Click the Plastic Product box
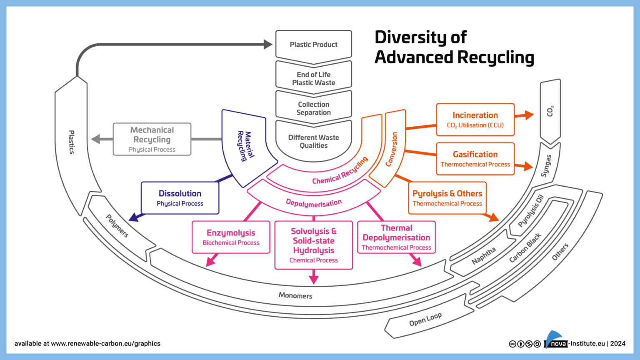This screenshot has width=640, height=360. [313, 45]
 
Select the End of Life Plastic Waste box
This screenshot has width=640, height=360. [313, 78]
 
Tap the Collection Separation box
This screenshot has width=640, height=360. [313, 108]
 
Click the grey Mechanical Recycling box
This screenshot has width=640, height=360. [152, 139]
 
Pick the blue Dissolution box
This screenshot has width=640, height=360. [180, 198]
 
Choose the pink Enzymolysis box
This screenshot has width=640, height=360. [231, 237]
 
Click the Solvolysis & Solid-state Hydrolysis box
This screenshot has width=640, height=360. [313, 245]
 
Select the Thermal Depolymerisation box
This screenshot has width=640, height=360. [396, 237]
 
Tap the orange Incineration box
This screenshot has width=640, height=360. [475, 120]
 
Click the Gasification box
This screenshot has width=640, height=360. [475, 159]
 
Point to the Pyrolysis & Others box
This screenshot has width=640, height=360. [447, 198]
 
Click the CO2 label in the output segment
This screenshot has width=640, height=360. [550, 111]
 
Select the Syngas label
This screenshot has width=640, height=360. [546, 166]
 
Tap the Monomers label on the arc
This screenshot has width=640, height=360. [295, 295]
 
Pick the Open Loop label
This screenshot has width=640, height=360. [425, 320]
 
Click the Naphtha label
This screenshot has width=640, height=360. [484, 255]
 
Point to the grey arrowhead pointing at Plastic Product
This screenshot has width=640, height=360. [268, 44]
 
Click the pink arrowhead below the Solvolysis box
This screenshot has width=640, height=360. [314, 279]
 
